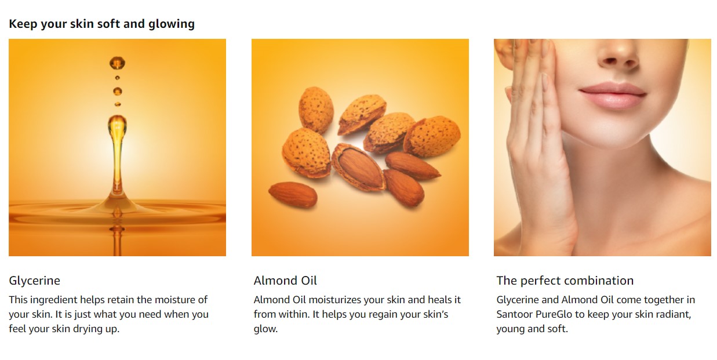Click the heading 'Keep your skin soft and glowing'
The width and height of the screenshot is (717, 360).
pyautogui.click(x=102, y=24)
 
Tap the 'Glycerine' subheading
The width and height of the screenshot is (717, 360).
pyautogui.click(x=35, y=281)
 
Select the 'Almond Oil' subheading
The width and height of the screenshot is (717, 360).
pyautogui.click(x=285, y=281)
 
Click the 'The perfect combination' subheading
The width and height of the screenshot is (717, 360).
pyautogui.click(x=565, y=281)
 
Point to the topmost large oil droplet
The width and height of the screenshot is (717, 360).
pyautogui.click(x=117, y=63)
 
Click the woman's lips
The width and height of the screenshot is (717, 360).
pyautogui.click(x=613, y=94)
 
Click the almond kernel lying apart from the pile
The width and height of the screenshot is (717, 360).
pyautogui.click(x=293, y=194)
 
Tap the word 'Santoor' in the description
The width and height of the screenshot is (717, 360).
pyautogui.click(x=514, y=314)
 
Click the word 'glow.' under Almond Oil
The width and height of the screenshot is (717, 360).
pyautogui.click(x=265, y=329)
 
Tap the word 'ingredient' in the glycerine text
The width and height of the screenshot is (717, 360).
pyautogui.click(x=53, y=300)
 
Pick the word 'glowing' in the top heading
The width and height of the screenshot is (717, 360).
pyautogui.click(x=172, y=24)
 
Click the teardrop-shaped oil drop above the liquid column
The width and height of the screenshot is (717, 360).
pyautogui.click(x=117, y=126)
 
